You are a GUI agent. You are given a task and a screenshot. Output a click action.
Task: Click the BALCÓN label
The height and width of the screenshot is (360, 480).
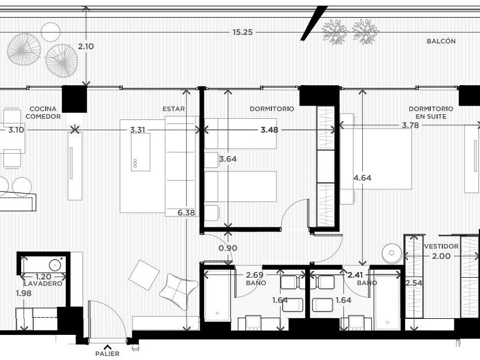[x=441, y=41]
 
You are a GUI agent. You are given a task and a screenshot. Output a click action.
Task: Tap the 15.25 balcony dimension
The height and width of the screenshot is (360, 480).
[x=242, y=32]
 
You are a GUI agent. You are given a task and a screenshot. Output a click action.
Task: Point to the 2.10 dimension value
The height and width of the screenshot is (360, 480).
[x=86, y=46]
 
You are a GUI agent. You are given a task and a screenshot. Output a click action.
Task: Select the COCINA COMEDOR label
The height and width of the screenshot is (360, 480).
[x=43, y=113]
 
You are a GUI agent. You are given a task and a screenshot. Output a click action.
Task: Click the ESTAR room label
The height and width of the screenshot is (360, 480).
[x=174, y=109]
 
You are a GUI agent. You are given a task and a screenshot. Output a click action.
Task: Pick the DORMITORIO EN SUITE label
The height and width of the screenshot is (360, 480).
[x=431, y=113]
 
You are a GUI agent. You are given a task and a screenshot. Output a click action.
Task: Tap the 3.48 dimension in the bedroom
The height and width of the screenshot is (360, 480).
[x=269, y=130]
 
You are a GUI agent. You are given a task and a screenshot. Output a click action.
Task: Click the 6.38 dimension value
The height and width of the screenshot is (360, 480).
[x=186, y=213]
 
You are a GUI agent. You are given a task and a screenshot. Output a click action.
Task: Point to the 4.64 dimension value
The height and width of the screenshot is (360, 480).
[x=362, y=178]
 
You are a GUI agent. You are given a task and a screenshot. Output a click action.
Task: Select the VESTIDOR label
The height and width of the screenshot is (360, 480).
[x=441, y=246]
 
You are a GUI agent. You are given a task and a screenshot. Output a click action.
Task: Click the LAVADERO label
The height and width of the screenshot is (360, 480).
[x=43, y=283]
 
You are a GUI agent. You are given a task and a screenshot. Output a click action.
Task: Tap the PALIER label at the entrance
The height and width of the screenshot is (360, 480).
[x=107, y=354]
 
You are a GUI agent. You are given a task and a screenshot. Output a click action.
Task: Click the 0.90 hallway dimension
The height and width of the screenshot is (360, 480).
[x=228, y=248]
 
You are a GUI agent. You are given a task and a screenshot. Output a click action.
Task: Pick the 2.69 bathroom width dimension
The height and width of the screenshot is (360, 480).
[x=255, y=275]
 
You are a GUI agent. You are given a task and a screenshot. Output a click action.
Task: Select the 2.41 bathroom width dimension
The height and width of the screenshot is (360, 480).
[x=355, y=275]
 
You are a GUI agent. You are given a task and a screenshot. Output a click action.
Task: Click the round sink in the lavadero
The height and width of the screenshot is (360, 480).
[x=55, y=264]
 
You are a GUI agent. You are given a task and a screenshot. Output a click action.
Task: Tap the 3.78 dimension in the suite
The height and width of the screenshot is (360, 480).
[x=410, y=125]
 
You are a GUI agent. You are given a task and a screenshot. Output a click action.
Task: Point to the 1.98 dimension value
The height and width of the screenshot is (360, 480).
[x=23, y=293]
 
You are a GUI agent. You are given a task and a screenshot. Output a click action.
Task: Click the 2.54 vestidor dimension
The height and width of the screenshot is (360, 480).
[x=414, y=283]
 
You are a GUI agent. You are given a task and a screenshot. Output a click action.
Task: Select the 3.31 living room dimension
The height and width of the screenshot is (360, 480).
[x=138, y=130]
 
